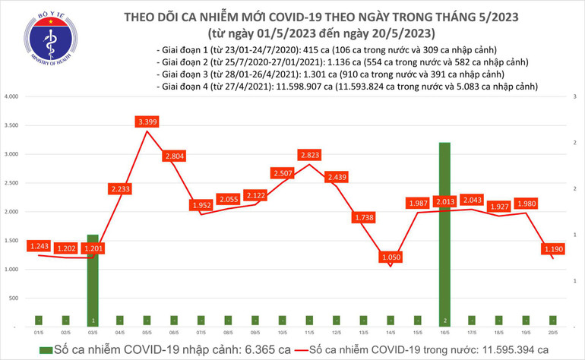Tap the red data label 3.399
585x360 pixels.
147,122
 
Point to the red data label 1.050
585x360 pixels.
391,258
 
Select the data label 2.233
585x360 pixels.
120,188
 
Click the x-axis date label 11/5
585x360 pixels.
308,333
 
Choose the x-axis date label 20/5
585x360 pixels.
552,333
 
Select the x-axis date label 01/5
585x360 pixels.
38,333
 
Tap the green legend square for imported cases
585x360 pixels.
47,349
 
